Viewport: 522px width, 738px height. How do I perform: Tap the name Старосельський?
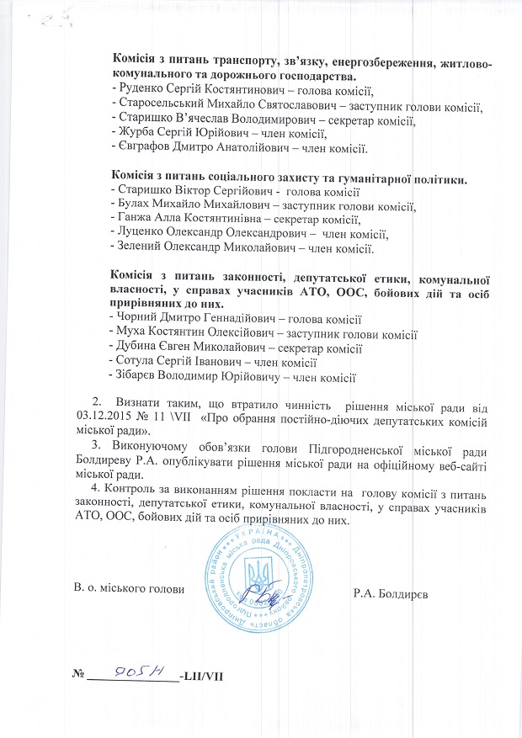point(162,105)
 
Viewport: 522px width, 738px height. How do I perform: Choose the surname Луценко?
point(141,235)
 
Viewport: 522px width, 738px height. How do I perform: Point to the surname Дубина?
point(139,348)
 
